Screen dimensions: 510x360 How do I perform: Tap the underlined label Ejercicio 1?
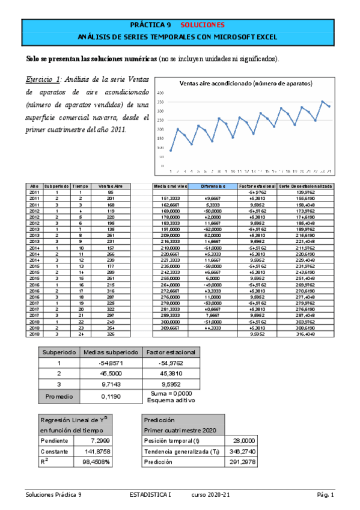click(x=43, y=79)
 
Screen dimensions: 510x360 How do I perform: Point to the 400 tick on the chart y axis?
click(x=160, y=94)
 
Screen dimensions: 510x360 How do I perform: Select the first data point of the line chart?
click(x=171, y=151)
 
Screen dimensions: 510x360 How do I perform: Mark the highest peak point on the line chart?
click(x=323, y=102)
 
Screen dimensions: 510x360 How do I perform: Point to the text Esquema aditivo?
click(x=170, y=401)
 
